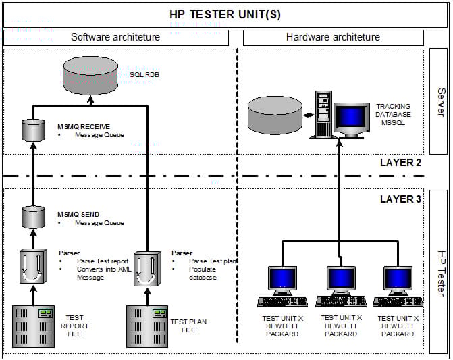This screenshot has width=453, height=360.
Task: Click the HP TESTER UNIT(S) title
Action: (226, 14)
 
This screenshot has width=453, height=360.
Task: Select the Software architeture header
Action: (115, 37)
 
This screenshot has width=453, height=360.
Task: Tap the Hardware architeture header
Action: (334, 37)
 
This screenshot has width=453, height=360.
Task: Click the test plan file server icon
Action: (147, 326)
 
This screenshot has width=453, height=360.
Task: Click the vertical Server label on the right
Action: (441, 101)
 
